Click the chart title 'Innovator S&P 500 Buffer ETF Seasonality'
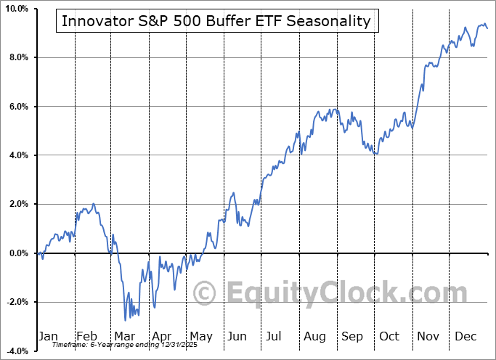(216, 21)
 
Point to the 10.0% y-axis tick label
(16, 9)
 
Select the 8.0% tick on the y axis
(17, 57)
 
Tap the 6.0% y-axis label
(17, 107)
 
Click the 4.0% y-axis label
(17, 155)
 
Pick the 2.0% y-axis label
(17, 205)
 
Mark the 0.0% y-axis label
(17, 253)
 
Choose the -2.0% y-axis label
(16, 302)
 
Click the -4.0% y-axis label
(16, 351)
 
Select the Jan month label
(48, 337)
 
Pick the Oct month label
(389, 337)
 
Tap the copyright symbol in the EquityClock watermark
(206, 293)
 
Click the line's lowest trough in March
(125, 320)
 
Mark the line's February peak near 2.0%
(94, 205)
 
